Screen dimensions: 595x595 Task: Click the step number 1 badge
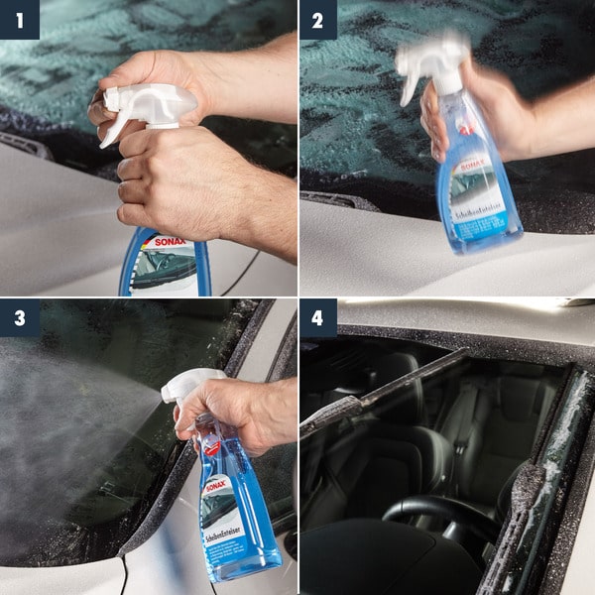(x=19, y=19)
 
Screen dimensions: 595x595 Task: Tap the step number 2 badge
(x=318, y=19)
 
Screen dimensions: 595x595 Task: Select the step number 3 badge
(x=19, y=317)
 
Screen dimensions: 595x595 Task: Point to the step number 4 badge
(x=318, y=317)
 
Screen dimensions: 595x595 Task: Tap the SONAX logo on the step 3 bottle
(x=217, y=485)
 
